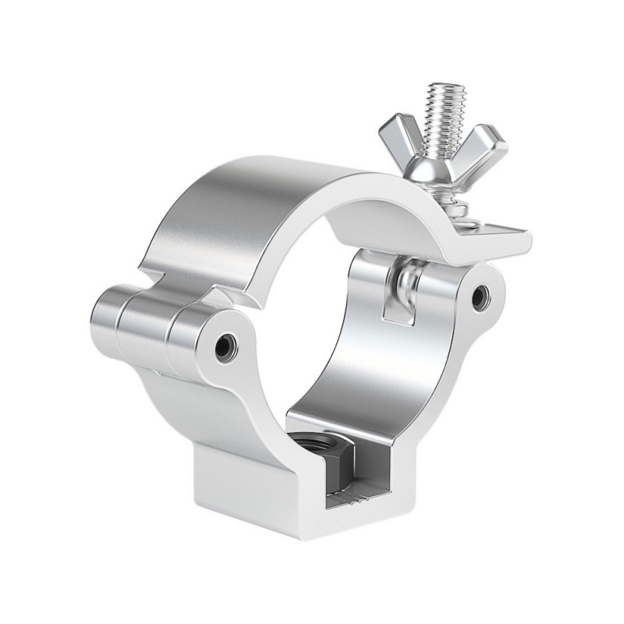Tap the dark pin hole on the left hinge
[226, 342]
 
